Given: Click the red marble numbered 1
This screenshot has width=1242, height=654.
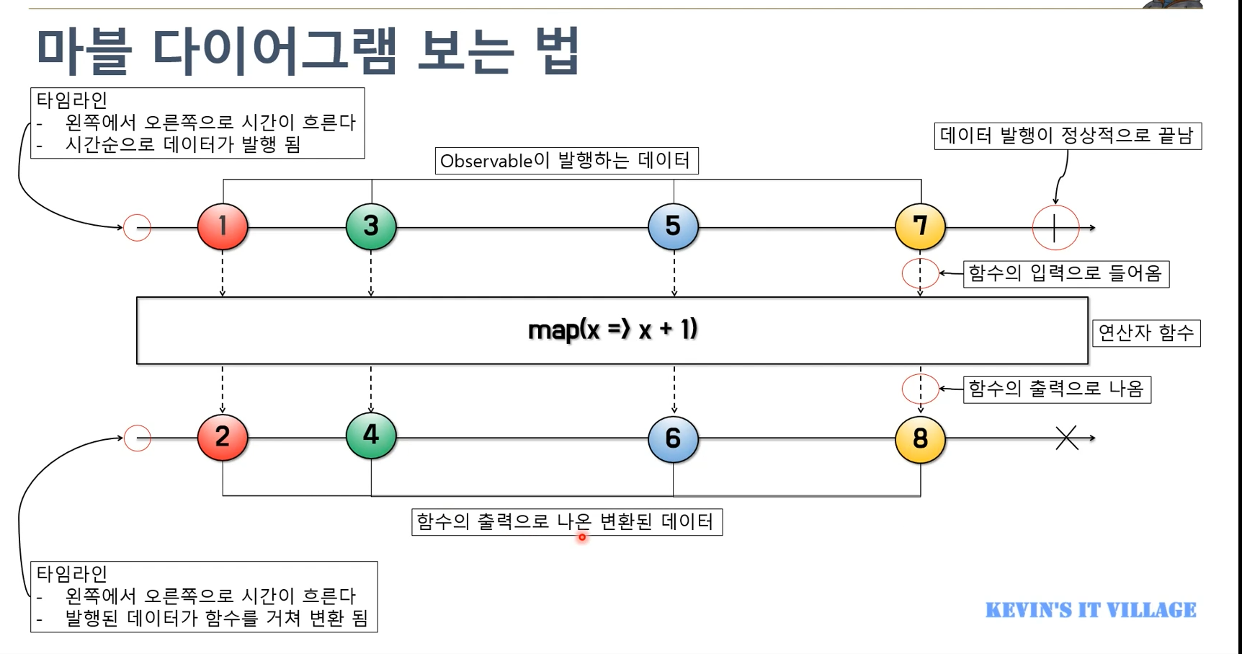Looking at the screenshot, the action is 223,226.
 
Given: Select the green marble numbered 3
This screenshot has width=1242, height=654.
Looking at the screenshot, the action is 371,226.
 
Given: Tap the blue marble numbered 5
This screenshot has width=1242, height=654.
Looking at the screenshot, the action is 673,226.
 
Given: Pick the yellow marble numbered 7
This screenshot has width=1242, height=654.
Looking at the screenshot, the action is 920,226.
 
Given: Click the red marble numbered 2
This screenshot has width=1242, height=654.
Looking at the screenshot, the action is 223,437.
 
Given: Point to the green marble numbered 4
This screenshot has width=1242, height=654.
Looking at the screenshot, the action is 371,436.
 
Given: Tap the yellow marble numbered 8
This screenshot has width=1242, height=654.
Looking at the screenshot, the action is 920,438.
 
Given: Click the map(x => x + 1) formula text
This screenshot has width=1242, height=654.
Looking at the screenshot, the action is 612,330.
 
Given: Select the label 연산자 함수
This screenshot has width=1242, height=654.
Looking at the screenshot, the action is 1146,332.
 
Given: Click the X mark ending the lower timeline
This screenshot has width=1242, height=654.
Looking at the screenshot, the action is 1067,438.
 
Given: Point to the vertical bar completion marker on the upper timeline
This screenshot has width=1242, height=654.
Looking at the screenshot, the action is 1055,228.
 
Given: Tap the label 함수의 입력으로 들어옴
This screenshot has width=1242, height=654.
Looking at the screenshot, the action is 1065,273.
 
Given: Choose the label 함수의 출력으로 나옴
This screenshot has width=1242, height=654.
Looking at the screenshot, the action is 1057,389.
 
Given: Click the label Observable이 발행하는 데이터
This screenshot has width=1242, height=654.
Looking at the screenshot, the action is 566,160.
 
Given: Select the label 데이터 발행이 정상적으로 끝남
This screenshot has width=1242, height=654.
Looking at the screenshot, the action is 1068,136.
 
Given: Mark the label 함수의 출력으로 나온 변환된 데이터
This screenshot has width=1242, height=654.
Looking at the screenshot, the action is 566,521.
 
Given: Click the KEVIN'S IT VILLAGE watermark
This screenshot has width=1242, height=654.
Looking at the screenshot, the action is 1091,610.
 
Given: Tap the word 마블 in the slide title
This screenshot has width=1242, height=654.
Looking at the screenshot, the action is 84,51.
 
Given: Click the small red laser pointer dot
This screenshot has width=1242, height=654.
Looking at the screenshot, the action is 582,536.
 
